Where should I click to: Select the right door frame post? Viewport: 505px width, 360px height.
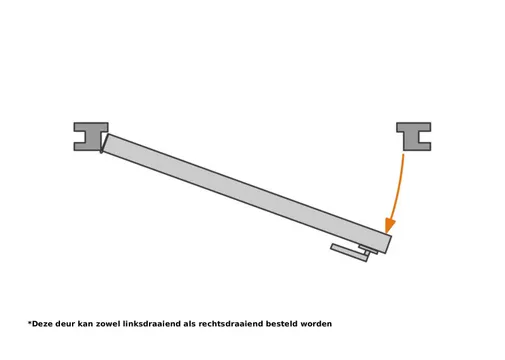click(413, 136)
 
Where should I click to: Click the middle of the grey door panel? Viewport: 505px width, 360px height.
click(245, 193)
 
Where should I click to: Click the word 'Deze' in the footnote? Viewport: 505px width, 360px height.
click(44, 324)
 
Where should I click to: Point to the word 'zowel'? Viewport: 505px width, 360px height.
click(119, 324)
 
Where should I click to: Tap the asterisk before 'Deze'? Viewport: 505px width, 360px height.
click(30, 322)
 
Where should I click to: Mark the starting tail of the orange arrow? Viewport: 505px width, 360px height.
click(404, 155)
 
